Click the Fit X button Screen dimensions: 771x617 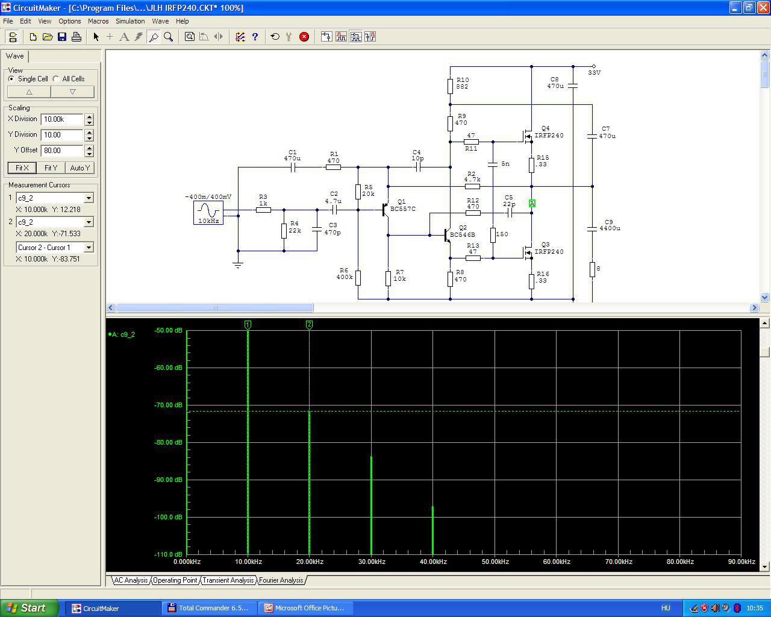tap(22, 168)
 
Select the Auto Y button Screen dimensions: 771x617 tap(80, 168)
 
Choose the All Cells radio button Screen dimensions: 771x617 tap(56, 79)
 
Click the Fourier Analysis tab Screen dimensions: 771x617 tap(281, 580)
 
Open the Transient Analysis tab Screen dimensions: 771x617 tap(228, 580)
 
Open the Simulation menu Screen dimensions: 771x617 tap(130, 21)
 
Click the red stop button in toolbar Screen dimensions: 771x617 tap(304, 37)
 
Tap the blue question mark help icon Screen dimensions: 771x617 tap(255, 37)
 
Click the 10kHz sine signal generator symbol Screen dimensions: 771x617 tap(208, 213)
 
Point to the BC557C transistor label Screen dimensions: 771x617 tap(403, 208)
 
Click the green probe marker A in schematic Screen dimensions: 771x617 tap(532, 203)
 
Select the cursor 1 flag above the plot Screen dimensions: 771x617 tap(248, 325)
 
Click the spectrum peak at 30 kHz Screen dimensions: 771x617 tap(371, 506)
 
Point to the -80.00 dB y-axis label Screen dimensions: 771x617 tap(168, 442)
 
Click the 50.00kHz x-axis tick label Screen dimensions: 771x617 tap(495, 562)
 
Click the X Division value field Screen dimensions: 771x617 tap(62, 119)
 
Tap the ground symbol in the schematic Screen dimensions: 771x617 tap(238, 265)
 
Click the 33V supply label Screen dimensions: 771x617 tap(594, 72)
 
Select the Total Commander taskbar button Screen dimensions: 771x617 tap(209, 608)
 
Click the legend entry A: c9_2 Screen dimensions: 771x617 tap(122, 334)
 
